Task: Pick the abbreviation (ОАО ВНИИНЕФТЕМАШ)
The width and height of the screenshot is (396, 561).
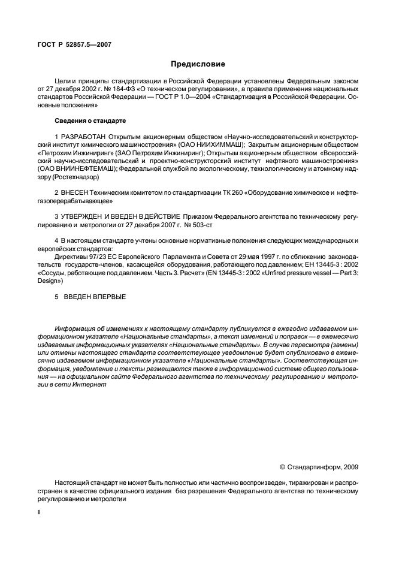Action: pyautogui.click(x=77, y=169)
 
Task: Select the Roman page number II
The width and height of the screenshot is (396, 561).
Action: pyautogui.click(x=39, y=514)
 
